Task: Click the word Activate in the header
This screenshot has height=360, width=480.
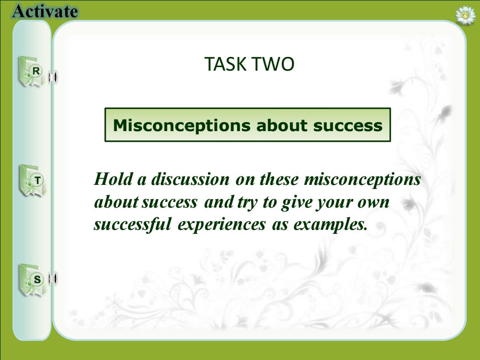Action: [45, 11]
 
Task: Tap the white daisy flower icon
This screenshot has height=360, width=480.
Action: [465, 15]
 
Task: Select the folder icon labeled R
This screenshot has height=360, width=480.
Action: [31, 72]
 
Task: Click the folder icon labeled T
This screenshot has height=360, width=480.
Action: [32, 180]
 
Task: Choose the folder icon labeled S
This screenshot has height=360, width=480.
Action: [32, 280]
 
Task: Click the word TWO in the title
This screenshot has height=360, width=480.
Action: [272, 64]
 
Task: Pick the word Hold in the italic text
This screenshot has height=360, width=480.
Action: [114, 179]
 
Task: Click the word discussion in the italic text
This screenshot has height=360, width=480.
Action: [190, 179]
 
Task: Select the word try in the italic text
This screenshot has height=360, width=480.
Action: [247, 203]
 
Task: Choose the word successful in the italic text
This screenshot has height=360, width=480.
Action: [132, 224]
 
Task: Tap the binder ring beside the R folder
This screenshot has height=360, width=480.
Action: [53, 77]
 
